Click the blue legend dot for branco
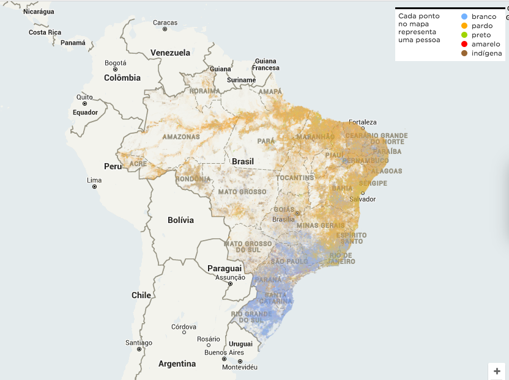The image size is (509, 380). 465,16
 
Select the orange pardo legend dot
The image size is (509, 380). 465,26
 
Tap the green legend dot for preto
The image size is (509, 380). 465,35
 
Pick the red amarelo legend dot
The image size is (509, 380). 465,44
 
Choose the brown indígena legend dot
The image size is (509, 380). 465,53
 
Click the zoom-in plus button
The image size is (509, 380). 497,371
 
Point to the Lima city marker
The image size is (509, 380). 94,187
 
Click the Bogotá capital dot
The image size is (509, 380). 115,70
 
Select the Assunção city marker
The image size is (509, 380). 230,284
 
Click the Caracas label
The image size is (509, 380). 165,23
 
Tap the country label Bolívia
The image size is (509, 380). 180,220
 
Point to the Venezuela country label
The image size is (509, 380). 171,52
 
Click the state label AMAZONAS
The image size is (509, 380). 181,137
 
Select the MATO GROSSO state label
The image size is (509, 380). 242,192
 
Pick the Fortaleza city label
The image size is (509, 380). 363,122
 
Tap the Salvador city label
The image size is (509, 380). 362,199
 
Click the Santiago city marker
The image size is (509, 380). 139,349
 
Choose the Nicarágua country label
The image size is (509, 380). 39,12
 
